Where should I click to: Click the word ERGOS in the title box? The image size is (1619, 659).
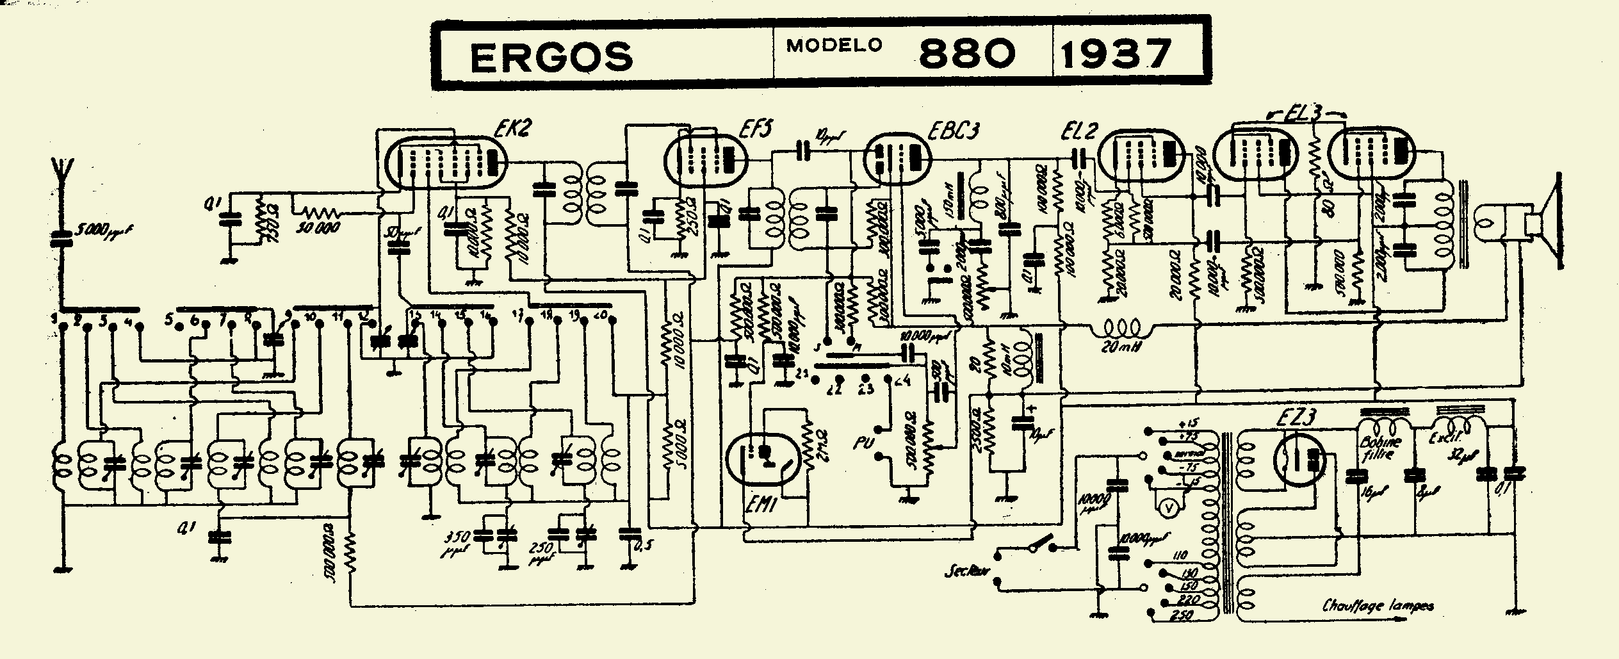tap(551, 56)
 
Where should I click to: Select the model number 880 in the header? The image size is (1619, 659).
tap(967, 54)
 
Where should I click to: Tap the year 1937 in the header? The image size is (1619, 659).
tap(1116, 54)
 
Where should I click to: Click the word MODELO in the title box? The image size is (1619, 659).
tap(834, 45)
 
